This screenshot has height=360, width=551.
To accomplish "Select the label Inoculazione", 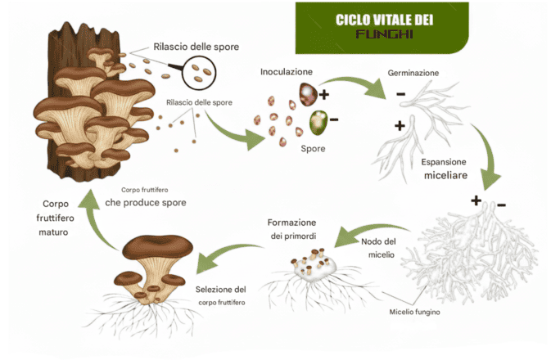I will (x=287, y=72).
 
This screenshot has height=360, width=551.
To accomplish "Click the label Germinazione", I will (x=413, y=73).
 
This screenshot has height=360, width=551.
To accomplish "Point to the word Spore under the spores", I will (x=312, y=149).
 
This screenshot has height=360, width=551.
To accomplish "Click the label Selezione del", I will (x=222, y=289).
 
